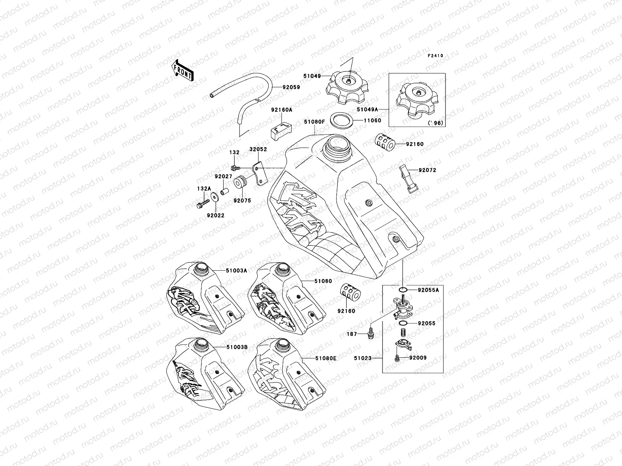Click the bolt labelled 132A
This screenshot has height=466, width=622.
coord(203,203)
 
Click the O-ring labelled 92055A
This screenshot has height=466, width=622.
coord(403,290)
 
